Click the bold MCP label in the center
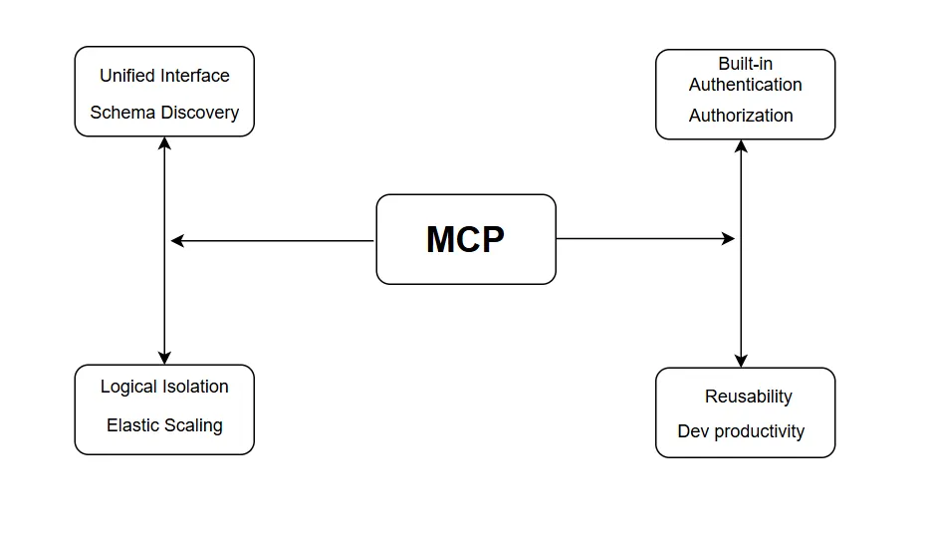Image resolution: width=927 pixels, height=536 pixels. (465, 240)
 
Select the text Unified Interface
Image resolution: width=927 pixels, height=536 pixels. (164, 76)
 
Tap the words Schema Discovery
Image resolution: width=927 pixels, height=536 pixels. (164, 113)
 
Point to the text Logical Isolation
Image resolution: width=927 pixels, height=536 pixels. (164, 387)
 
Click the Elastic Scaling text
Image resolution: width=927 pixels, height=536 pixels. (164, 425)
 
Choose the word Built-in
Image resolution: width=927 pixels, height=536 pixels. (745, 64)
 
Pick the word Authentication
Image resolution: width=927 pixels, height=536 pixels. (745, 85)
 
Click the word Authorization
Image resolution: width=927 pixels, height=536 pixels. (741, 116)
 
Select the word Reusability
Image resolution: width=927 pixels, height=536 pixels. (748, 397)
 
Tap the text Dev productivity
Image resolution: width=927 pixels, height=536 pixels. (741, 431)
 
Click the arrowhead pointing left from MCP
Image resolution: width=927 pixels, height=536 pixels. (177, 240)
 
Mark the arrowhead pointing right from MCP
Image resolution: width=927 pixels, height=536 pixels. (729, 239)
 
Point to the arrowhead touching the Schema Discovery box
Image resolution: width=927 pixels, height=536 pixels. (164, 143)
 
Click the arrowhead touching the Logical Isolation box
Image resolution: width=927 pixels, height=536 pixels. (164, 358)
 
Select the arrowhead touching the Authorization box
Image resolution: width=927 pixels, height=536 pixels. (741, 146)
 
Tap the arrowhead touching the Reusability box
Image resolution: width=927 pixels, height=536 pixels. (741, 361)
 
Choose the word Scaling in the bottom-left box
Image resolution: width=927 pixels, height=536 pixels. (194, 425)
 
